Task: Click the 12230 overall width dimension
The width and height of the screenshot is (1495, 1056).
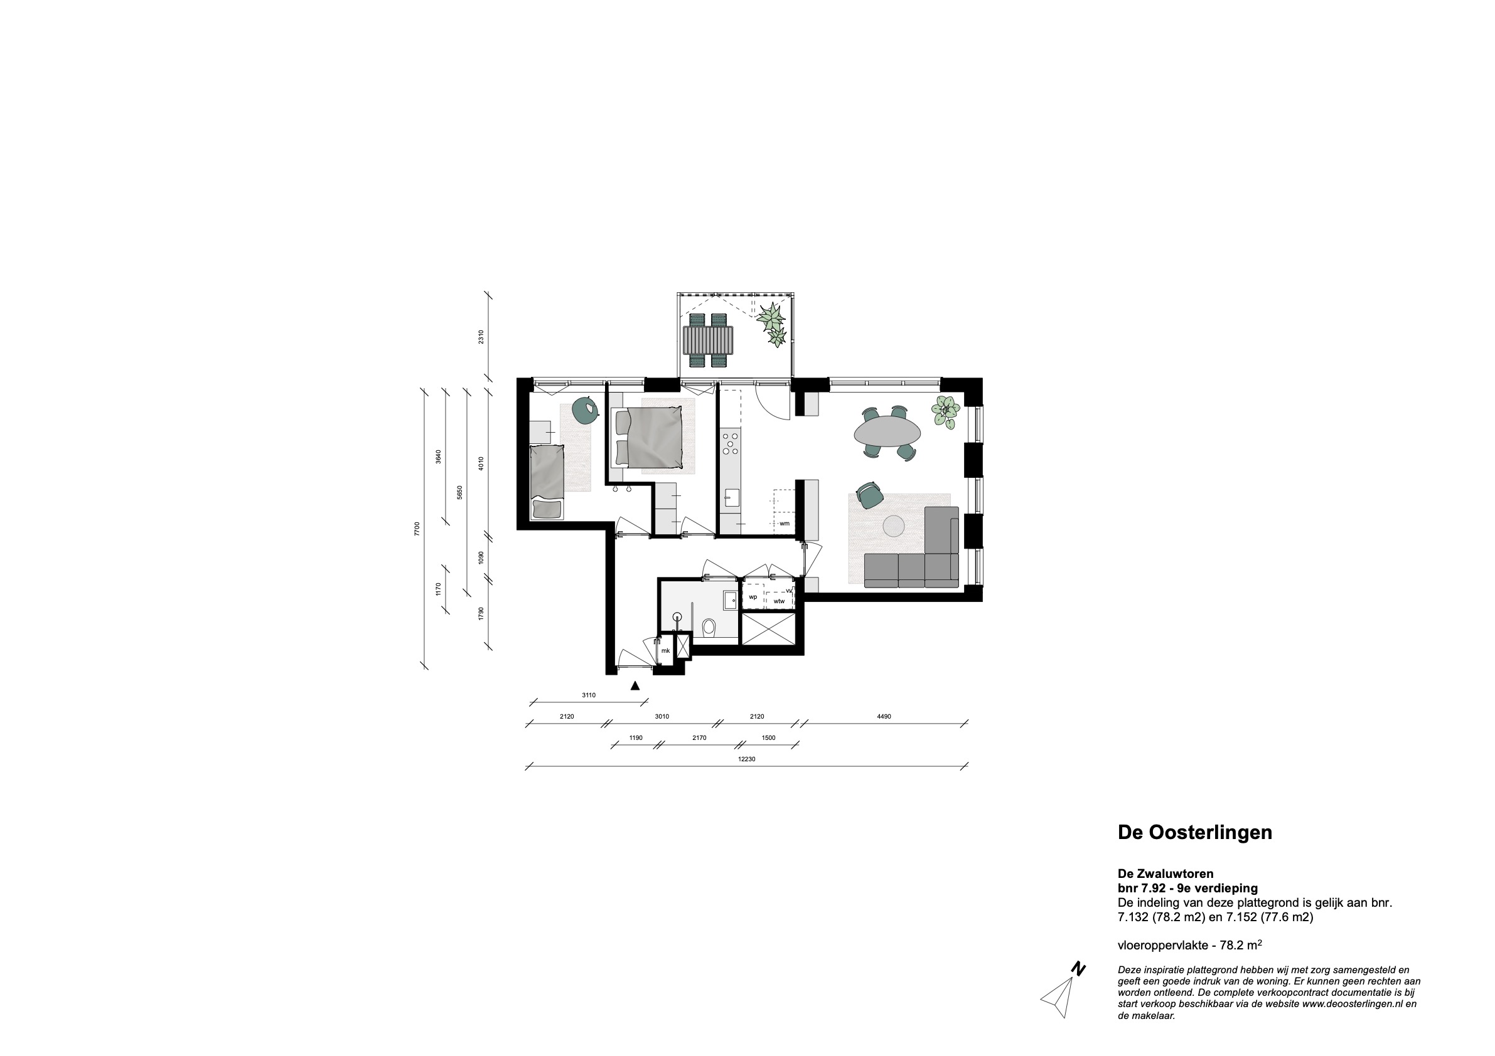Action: point(747,759)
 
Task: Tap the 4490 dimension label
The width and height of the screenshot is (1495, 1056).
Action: point(884,716)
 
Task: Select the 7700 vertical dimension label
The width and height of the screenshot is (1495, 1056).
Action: point(417,529)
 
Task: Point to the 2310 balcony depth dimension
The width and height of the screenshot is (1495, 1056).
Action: point(481,337)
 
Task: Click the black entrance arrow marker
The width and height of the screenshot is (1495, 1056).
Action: point(636,685)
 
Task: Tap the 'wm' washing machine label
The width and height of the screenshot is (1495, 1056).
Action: point(785,523)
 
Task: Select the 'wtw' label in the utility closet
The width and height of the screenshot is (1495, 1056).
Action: point(780,602)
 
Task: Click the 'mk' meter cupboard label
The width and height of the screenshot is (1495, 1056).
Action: point(665,650)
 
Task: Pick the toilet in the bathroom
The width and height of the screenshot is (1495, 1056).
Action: point(710,627)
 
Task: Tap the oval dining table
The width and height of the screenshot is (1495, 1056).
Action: point(888,432)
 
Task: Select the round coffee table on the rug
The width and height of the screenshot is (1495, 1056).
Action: point(893,526)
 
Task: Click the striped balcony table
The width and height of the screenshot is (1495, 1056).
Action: point(708,339)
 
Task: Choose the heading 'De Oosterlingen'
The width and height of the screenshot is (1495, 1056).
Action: point(1195,833)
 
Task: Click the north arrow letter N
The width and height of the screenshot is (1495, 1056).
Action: point(1079,987)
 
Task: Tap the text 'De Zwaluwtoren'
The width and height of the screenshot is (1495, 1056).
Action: point(1165,874)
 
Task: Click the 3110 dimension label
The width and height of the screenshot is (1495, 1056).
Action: point(589,695)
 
